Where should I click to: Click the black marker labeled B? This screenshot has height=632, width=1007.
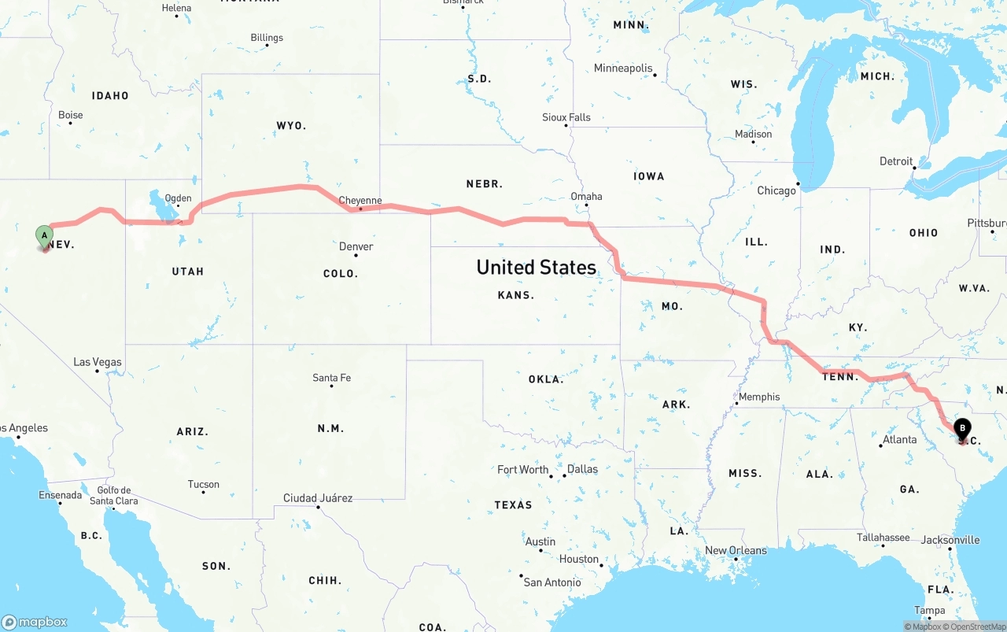(962, 429)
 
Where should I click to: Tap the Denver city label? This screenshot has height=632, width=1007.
(356, 246)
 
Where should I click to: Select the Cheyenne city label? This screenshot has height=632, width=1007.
(360, 201)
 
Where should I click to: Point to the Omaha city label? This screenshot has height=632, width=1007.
(586, 197)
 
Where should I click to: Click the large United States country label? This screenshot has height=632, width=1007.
(536, 268)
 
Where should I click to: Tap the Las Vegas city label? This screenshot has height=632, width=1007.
(98, 362)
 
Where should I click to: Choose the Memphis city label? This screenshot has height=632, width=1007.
(759, 397)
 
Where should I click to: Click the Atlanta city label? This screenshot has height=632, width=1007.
(899, 439)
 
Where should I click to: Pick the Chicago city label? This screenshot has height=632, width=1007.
(776, 190)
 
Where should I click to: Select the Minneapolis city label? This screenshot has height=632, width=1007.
(623, 68)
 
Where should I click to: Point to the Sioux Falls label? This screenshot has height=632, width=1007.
(566, 117)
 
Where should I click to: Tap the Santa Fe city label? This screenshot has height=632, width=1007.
(331, 378)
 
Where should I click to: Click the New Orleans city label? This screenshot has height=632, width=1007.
(736, 550)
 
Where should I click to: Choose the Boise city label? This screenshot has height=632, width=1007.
(70, 115)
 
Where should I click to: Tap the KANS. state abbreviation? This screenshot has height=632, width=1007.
(516, 295)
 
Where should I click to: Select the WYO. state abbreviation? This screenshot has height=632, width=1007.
(291, 126)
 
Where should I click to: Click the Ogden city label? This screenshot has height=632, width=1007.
(178, 198)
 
